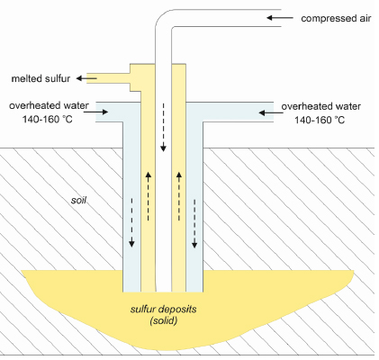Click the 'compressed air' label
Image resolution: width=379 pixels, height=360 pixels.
point(336,19)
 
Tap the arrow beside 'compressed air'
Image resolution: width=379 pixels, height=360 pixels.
point(280,18)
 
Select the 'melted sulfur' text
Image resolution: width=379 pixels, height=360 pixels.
point(41,78)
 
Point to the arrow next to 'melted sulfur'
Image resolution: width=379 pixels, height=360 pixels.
point(86,78)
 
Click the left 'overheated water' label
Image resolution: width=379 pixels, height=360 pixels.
point(49,105)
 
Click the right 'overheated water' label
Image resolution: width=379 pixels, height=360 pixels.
point(320,106)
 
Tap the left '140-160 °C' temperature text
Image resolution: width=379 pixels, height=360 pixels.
point(48,119)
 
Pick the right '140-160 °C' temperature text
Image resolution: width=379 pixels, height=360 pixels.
point(320,120)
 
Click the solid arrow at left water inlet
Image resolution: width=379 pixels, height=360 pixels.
point(95,112)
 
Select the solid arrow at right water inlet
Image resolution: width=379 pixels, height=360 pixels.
point(271,112)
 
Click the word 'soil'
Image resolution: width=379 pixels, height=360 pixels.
point(78,200)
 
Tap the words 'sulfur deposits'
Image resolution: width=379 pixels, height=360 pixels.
point(164,309)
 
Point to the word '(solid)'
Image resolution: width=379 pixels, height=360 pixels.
point(164,320)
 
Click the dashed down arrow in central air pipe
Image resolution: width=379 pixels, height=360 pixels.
point(163,127)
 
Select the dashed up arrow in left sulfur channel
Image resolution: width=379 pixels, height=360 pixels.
point(148,196)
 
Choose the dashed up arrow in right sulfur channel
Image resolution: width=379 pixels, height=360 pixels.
point(179,196)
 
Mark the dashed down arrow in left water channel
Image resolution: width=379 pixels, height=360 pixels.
point(131,222)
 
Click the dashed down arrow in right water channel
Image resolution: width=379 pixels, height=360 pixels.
point(194,224)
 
